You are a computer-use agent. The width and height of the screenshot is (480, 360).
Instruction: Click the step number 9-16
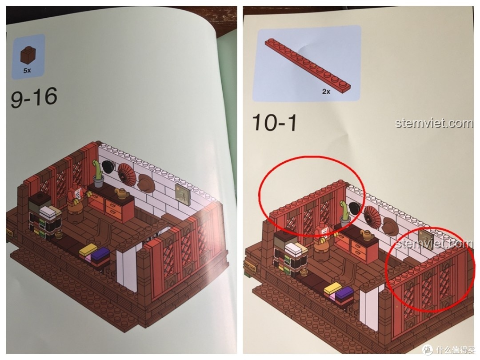coord(34,98)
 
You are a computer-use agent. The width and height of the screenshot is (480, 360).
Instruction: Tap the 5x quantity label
coord(28,70)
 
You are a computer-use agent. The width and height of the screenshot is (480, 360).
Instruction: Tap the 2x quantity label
coord(326,91)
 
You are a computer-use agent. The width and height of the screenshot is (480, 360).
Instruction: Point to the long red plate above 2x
coord(306,62)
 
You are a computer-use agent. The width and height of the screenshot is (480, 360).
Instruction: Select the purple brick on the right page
coord(344,293)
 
